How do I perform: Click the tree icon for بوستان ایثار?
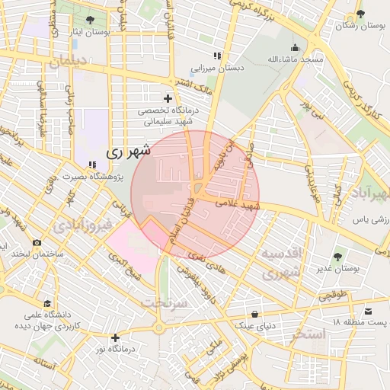[91, 19]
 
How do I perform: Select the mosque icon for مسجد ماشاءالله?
[295, 47]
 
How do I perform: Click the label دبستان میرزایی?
[217, 68]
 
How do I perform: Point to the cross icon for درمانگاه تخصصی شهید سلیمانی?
[168, 98]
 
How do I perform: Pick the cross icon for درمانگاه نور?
[115, 337]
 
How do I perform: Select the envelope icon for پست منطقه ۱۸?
[369, 311]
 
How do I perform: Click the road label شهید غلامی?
[238, 203]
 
